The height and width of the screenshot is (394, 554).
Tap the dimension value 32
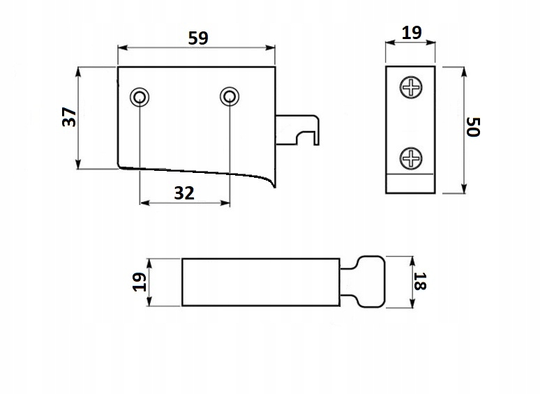(184, 193)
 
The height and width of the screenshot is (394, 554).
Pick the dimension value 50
(474, 128)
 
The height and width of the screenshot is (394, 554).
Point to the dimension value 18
(419, 281)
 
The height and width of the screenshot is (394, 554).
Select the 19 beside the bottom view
(140, 281)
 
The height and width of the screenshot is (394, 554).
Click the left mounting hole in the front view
(140, 96)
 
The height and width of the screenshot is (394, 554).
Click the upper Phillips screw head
(412, 89)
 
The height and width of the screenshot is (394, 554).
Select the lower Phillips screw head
(412, 159)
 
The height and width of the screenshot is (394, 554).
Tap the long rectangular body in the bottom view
(260, 281)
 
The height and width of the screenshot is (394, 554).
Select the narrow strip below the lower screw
(412, 183)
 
